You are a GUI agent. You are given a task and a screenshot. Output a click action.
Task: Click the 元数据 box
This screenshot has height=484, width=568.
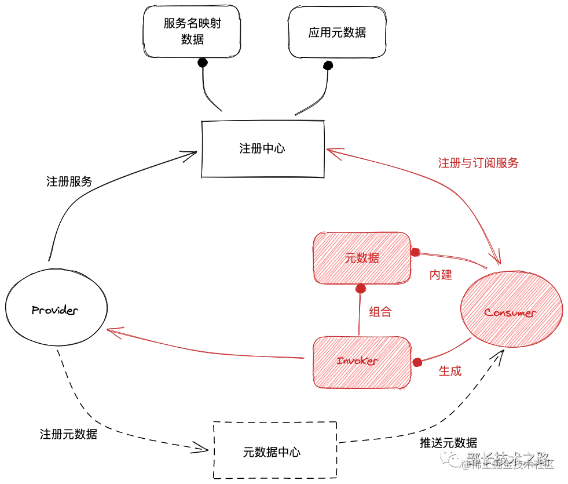[x=362, y=259]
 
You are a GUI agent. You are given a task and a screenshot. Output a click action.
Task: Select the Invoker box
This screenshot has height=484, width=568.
[x=362, y=362]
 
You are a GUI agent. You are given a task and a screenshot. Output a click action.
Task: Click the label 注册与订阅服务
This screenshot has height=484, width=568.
[x=478, y=163]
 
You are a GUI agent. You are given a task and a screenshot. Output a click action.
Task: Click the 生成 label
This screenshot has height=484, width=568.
[x=450, y=372]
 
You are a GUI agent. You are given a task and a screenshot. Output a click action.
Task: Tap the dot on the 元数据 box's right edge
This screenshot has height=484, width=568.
[x=415, y=253]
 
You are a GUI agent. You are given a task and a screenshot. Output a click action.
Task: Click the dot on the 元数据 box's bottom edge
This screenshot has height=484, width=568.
[x=360, y=288]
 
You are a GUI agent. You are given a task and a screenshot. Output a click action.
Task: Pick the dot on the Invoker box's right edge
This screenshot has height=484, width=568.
[x=416, y=362]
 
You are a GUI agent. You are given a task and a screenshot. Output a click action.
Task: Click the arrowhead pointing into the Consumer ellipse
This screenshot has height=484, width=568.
[x=496, y=259]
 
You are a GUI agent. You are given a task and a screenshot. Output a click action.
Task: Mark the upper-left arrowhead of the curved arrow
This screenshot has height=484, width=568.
[x=332, y=151]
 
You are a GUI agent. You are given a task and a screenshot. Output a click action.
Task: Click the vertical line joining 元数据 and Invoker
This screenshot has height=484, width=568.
[x=360, y=313]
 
